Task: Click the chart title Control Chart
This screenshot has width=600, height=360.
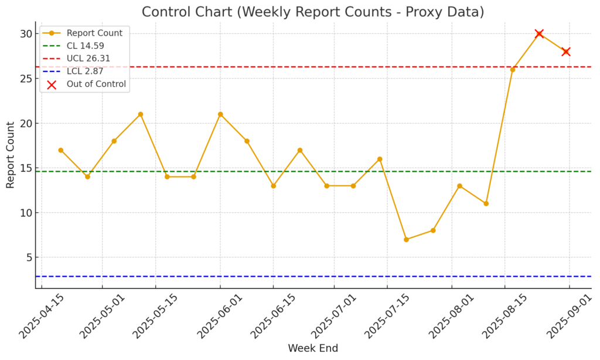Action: (313, 12)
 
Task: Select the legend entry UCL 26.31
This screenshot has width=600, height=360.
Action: (88, 59)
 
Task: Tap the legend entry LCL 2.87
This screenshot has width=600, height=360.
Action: (86, 72)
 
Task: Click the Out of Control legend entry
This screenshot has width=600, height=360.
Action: (96, 84)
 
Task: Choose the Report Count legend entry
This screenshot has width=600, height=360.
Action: (94, 33)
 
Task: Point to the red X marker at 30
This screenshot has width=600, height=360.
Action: (539, 34)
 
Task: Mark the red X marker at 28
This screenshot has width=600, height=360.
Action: (565, 52)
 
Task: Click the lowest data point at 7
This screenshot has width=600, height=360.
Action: (406, 239)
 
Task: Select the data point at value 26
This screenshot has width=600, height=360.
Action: (513, 70)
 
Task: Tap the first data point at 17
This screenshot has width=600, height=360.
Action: (61, 150)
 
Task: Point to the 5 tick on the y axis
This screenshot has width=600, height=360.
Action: (27, 257)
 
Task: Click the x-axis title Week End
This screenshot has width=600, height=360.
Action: (313, 348)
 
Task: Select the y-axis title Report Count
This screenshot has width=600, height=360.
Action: (11, 155)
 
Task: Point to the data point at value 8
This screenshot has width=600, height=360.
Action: (433, 230)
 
